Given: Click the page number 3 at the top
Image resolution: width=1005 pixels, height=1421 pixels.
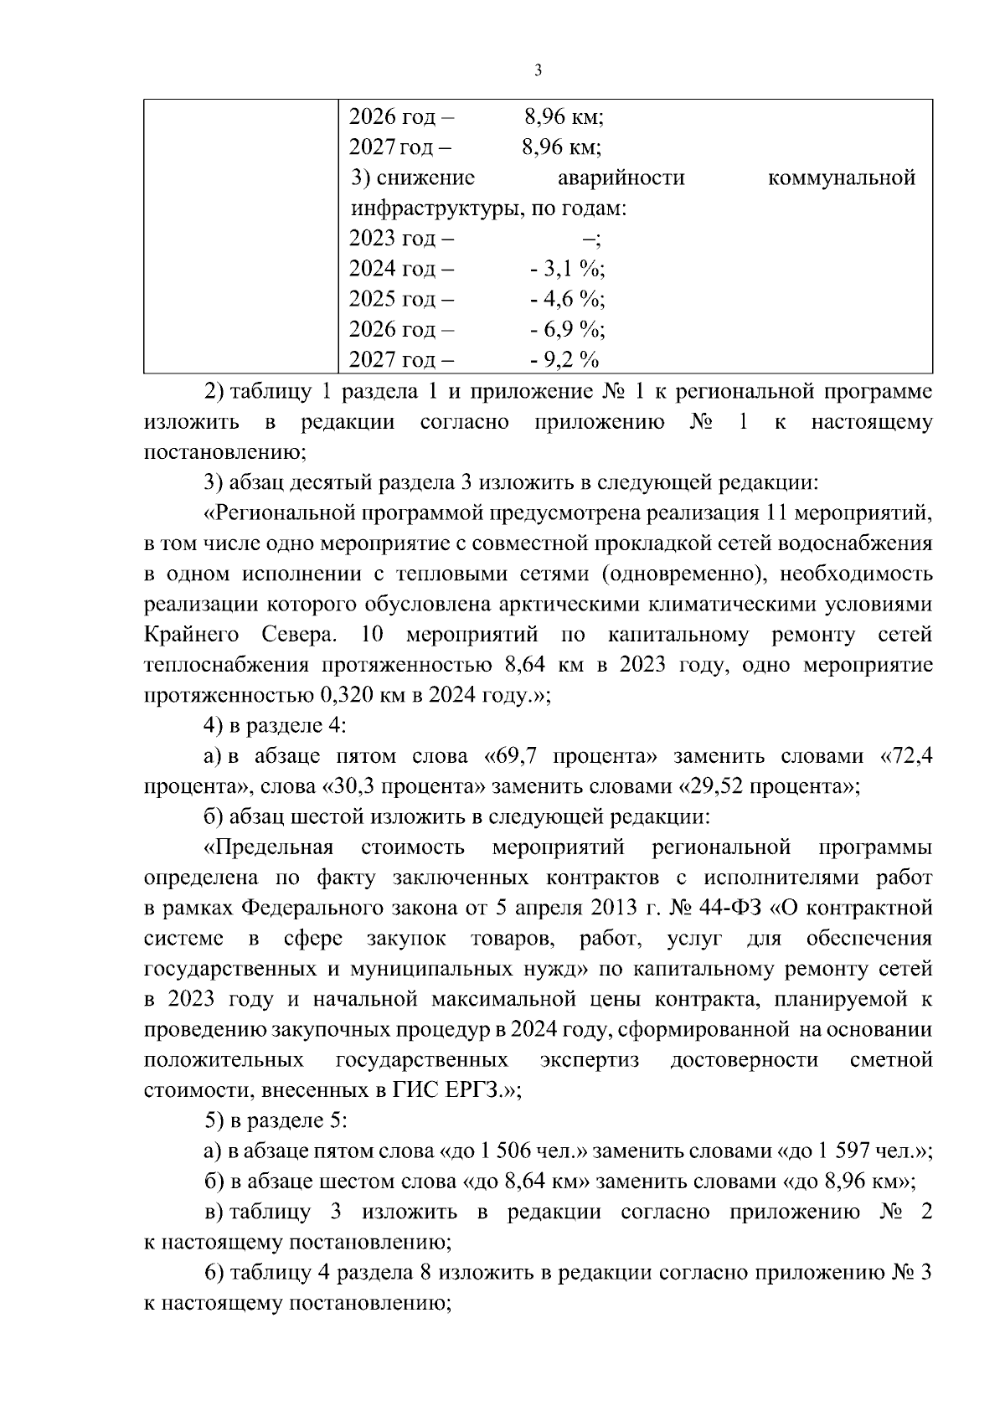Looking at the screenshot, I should tap(538, 70).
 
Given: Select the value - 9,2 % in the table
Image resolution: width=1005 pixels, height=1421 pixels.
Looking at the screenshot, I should tap(564, 360).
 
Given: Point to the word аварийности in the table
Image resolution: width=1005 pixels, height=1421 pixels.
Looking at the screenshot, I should tap(621, 178).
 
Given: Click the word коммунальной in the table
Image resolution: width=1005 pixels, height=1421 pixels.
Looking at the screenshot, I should tap(840, 178).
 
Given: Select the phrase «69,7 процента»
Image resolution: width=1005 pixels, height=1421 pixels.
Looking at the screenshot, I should tap(570, 757).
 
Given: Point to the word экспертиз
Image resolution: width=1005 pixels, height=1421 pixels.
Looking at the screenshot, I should tap(590, 1060).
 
